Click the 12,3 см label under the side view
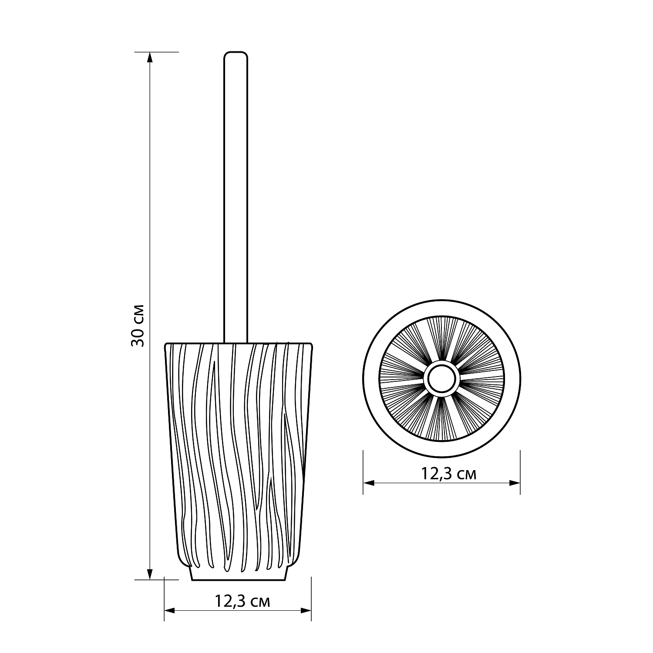[242, 602]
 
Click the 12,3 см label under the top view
[448, 474]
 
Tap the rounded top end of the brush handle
[236, 54]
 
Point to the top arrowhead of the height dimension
[150, 57]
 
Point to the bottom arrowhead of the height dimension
[150, 574]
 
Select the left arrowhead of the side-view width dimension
[170, 611]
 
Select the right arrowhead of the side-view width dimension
[306, 611]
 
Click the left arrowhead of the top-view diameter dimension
[369, 483]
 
